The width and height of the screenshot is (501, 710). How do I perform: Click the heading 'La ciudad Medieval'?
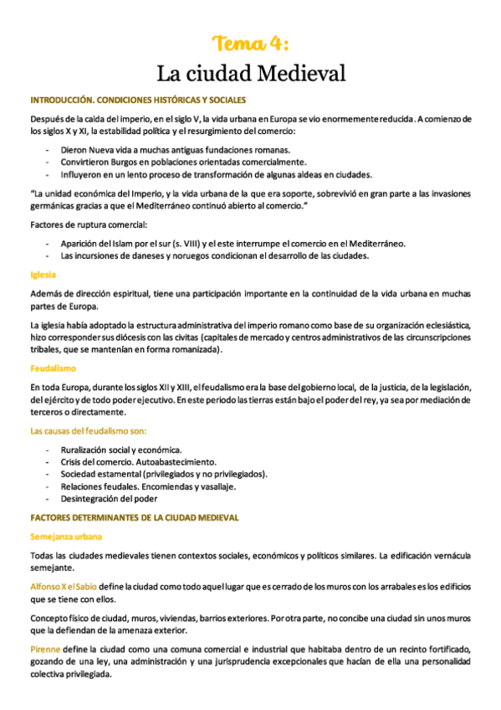tap(251, 74)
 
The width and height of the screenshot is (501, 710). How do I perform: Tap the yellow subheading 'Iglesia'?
tap(43, 273)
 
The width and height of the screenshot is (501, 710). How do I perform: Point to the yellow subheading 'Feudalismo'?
tap(53, 368)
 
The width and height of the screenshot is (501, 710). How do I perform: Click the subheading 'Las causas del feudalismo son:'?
tap(88, 430)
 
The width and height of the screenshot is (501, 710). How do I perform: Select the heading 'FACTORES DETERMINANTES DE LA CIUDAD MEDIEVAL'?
tap(134, 517)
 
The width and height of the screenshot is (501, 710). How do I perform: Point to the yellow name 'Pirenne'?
tap(47, 649)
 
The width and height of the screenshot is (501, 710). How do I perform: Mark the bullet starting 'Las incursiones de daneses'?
tap(226, 255)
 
